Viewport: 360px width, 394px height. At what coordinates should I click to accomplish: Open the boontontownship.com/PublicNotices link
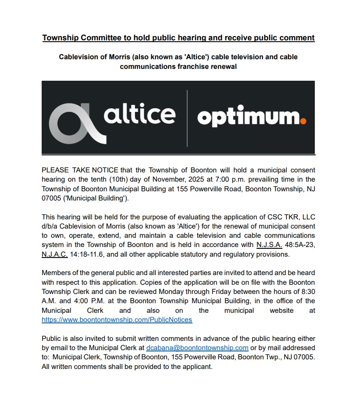coord(117,320)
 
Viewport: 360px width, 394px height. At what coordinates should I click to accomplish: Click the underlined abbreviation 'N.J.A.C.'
coord(54,254)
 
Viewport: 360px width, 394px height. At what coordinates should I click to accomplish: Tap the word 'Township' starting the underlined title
coord(60,38)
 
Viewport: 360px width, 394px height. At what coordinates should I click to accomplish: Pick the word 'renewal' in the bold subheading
coord(224,67)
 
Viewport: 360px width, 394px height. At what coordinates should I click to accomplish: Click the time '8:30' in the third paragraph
coord(307,291)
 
